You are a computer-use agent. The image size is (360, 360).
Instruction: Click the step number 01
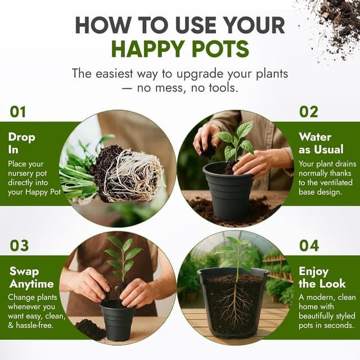[18, 112]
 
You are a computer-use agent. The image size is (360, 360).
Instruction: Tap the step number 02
[309, 112]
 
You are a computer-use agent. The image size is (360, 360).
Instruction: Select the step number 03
[19, 245]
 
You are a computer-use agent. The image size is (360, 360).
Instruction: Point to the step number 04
[309, 245]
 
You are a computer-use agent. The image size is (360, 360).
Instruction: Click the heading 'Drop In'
[21, 143]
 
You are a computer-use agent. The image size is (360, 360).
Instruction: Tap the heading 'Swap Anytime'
[31, 277]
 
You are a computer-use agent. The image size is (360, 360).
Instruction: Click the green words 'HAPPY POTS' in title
[180, 49]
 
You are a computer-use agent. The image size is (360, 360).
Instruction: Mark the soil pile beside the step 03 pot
[89, 330]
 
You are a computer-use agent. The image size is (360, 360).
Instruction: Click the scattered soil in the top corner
[332, 22]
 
